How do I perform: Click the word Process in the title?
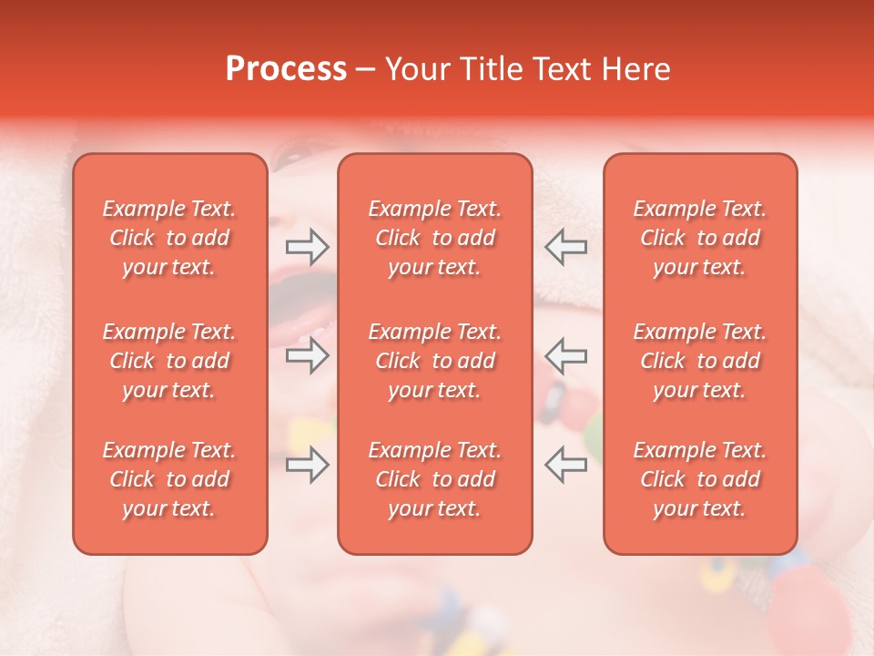click(x=286, y=69)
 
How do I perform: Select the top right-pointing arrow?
click(x=307, y=246)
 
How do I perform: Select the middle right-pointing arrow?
click(x=307, y=355)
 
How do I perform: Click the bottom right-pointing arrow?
click(x=307, y=465)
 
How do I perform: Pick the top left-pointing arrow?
click(x=566, y=246)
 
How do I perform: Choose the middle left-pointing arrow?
click(x=566, y=355)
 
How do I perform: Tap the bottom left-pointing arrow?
click(x=566, y=465)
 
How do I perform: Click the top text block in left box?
click(x=169, y=238)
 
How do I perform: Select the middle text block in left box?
click(x=169, y=361)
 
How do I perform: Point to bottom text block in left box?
click(x=169, y=479)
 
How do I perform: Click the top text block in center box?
click(x=435, y=238)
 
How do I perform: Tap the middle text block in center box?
click(x=435, y=361)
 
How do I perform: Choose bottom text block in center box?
click(x=435, y=479)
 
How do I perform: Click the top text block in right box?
click(x=700, y=238)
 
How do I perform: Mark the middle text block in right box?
click(x=700, y=361)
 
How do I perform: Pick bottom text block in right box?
click(x=700, y=479)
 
